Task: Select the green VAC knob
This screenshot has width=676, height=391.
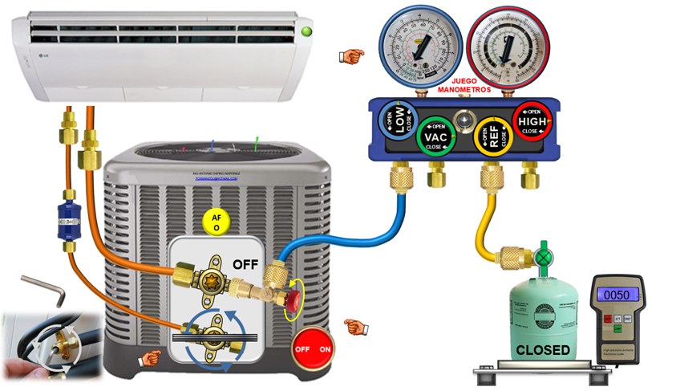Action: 435,137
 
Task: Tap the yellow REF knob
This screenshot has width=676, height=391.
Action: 492,136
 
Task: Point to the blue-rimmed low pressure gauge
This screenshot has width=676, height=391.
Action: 415,47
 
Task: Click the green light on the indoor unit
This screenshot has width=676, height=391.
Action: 306,32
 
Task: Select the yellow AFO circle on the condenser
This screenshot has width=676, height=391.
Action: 215,222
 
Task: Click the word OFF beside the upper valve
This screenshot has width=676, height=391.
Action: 247,264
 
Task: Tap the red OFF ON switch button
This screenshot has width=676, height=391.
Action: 314,349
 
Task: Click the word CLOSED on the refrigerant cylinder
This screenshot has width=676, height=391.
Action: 542,350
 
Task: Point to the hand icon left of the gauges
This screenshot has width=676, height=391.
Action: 350,55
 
